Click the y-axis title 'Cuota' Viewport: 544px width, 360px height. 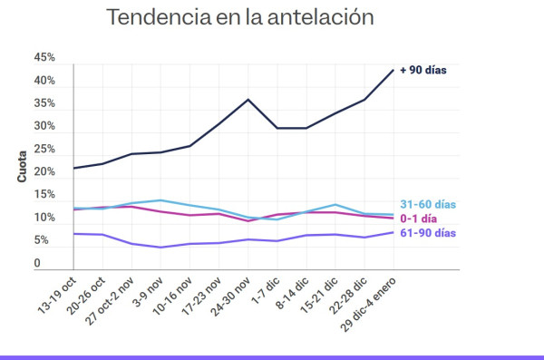point(22,165)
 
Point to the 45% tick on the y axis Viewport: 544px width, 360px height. point(44,58)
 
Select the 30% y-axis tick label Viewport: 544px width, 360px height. point(44,127)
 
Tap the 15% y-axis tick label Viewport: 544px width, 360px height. point(44,196)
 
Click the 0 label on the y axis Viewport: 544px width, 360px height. point(37,264)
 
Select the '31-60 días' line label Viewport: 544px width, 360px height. point(428,205)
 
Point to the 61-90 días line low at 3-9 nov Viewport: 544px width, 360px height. point(160,248)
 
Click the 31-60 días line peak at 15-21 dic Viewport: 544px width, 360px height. point(335,205)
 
